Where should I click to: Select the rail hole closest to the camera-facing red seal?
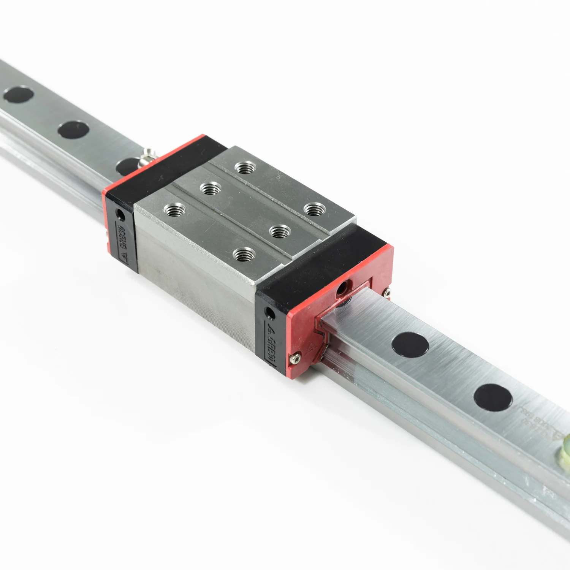[410, 344]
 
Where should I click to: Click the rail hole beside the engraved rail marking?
[493, 397]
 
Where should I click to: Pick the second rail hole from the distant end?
[73, 129]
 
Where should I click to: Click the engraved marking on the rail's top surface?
[540, 422]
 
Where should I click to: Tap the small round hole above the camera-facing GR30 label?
[270, 313]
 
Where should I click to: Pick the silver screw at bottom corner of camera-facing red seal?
[295, 358]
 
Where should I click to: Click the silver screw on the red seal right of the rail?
[387, 293]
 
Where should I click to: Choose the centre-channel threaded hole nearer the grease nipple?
[210, 188]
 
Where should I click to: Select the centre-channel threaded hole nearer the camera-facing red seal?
[280, 231]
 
